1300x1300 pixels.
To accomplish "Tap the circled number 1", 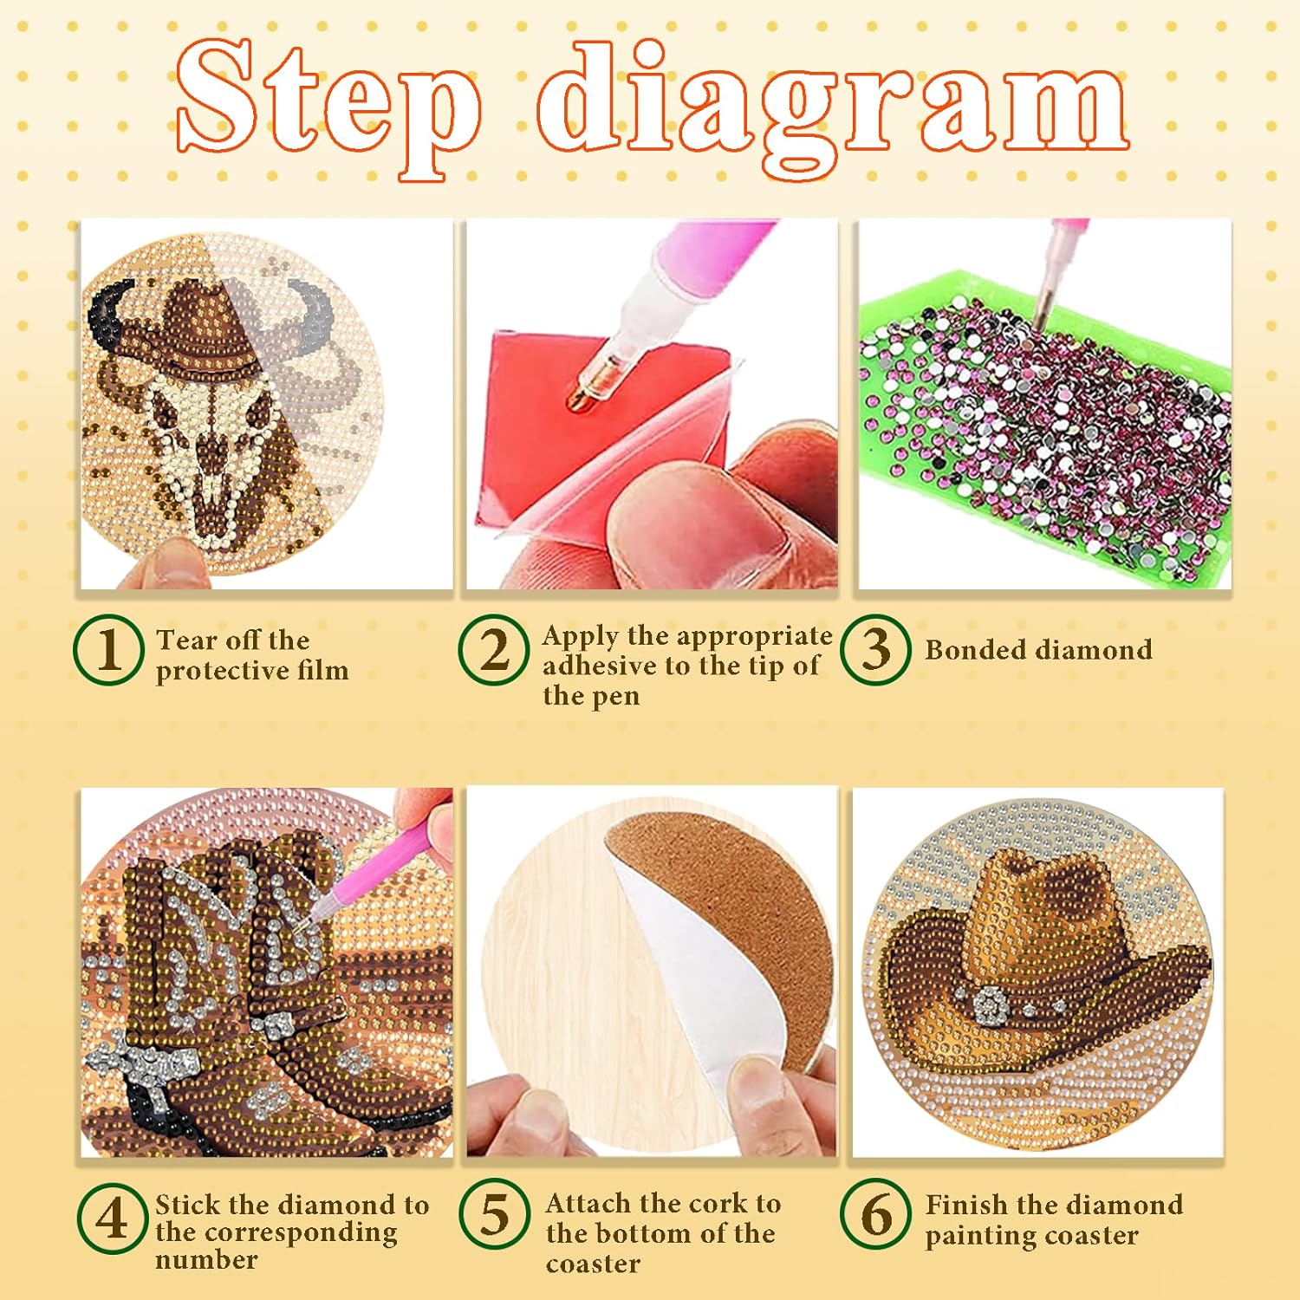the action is pos(108,650).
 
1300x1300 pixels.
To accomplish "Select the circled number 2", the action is pos(494,650).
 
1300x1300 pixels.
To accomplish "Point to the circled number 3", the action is pos(875,650).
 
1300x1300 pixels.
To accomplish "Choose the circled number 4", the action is pos(112,1218).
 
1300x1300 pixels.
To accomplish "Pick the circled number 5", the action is pos(494,1214).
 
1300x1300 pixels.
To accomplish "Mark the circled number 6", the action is pos(875,1214).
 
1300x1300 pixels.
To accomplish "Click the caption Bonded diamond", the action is pos(1038,649).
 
